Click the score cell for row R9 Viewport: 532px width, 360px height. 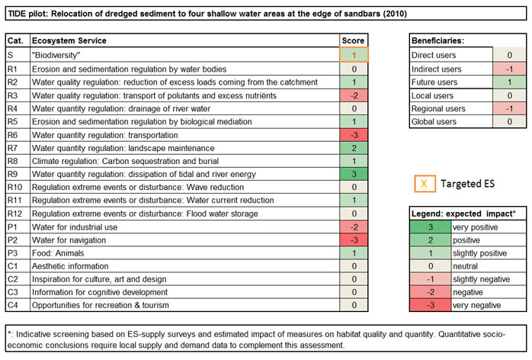point(354,174)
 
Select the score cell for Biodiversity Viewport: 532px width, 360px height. point(354,55)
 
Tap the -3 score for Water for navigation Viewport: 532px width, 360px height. point(354,239)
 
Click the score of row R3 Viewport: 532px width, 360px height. point(354,95)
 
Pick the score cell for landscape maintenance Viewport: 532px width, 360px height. point(354,147)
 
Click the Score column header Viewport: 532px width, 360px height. point(354,40)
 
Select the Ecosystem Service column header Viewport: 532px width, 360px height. point(69,40)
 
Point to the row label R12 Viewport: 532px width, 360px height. point(15,213)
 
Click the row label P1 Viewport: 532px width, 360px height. point(12,227)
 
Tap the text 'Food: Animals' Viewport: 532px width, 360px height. point(57,252)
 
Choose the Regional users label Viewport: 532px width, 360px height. point(438,109)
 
